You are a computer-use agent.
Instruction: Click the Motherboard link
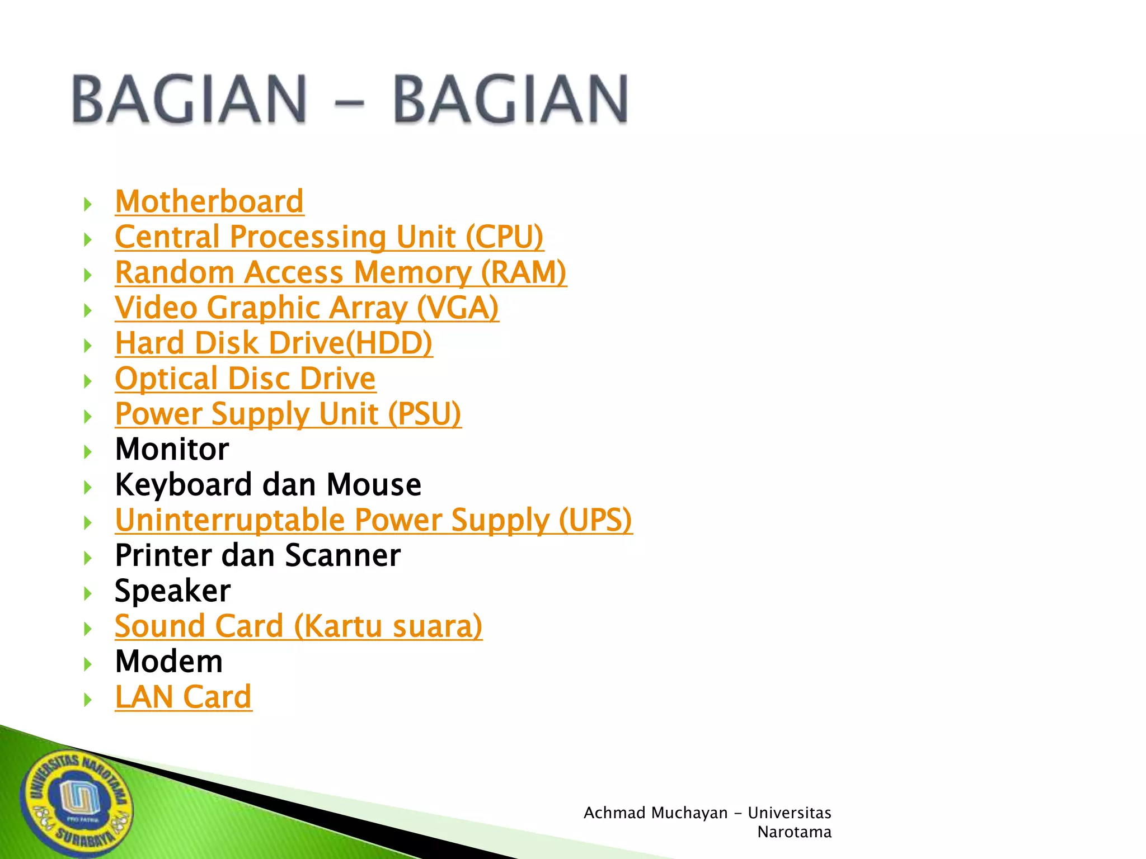click(209, 202)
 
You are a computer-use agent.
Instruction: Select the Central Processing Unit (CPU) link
click(329, 237)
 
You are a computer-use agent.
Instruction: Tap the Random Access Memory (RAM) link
click(340, 273)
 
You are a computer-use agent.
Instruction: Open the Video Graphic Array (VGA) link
click(307, 308)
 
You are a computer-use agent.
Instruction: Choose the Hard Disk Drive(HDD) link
click(274, 343)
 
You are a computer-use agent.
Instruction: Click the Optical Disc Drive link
click(245, 379)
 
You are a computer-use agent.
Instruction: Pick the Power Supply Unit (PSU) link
click(288, 414)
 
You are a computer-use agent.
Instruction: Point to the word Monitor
click(172, 450)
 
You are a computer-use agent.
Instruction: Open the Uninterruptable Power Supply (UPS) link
click(373, 520)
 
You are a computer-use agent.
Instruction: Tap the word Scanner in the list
click(342, 556)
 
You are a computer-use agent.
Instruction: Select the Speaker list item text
click(172, 591)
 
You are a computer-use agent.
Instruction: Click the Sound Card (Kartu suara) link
click(298, 626)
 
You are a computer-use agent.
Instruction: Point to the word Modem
click(168, 662)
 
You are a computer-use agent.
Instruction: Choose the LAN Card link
click(183, 697)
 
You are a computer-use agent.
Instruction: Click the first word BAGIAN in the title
click(189, 99)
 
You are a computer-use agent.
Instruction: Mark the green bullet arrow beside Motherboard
click(88, 204)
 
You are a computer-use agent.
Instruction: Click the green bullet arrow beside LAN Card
click(88, 700)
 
